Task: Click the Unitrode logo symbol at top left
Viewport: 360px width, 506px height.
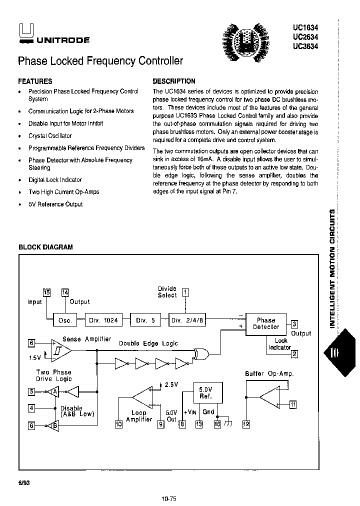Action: (24, 31)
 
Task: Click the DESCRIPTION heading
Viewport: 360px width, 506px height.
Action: (173, 81)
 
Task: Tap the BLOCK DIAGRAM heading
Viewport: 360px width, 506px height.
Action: (45, 247)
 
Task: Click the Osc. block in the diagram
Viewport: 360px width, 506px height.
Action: (65, 321)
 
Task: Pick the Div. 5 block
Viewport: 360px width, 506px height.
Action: (145, 321)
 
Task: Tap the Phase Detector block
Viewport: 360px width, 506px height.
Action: (266, 323)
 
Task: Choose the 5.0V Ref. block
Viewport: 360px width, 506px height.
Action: (206, 392)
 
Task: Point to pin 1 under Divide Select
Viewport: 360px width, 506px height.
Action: (185, 293)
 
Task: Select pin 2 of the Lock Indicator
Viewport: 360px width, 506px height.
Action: (294, 354)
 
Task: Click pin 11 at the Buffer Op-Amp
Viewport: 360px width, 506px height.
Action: (293, 405)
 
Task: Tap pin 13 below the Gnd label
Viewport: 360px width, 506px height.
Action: (199, 424)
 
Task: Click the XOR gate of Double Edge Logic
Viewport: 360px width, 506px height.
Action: (201, 354)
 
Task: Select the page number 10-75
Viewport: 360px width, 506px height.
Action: (169, 498)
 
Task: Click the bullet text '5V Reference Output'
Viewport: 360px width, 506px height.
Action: (55, 204)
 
